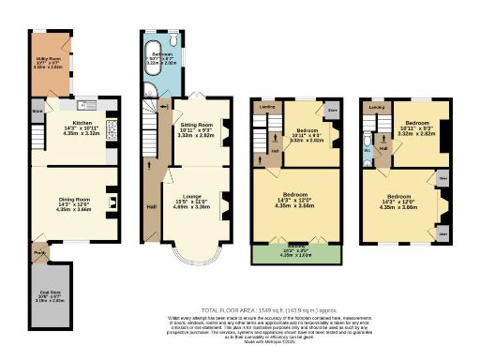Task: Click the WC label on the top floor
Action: pyautogui.click(x=368, y=148)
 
